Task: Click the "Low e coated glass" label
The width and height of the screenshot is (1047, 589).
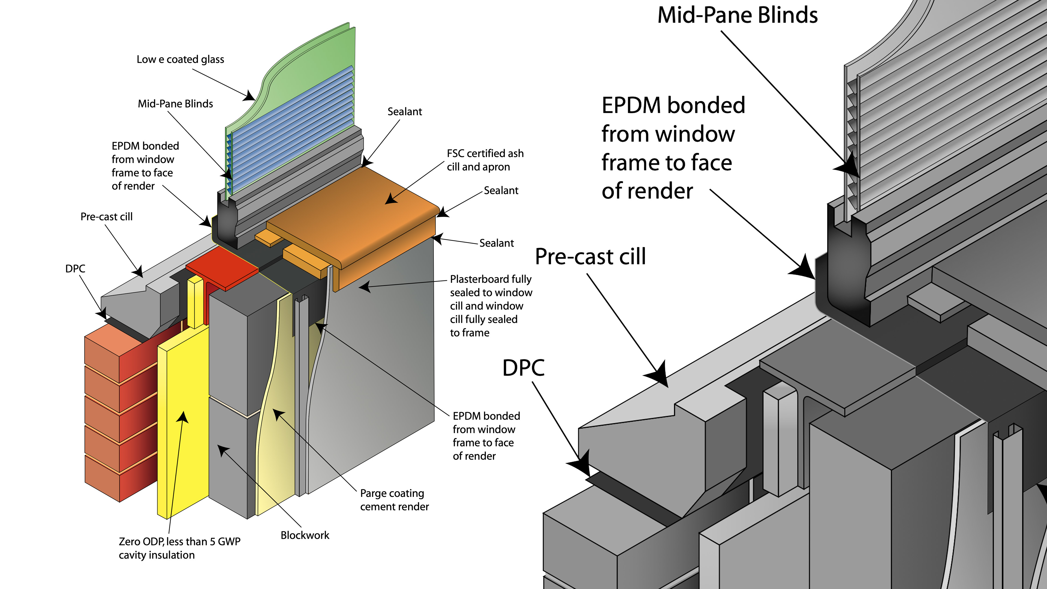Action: coord(180,59)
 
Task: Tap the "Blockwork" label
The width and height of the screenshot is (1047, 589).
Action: coord(305,535)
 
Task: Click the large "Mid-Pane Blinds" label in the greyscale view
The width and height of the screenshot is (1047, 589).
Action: coord(737,16)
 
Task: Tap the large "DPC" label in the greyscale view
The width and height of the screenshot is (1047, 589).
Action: coord(523,368)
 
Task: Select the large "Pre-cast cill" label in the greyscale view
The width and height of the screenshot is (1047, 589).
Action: coord(590,257)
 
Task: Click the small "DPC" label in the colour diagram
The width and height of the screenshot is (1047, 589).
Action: coord(75,269)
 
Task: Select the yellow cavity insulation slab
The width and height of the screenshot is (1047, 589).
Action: coord(183,427)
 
